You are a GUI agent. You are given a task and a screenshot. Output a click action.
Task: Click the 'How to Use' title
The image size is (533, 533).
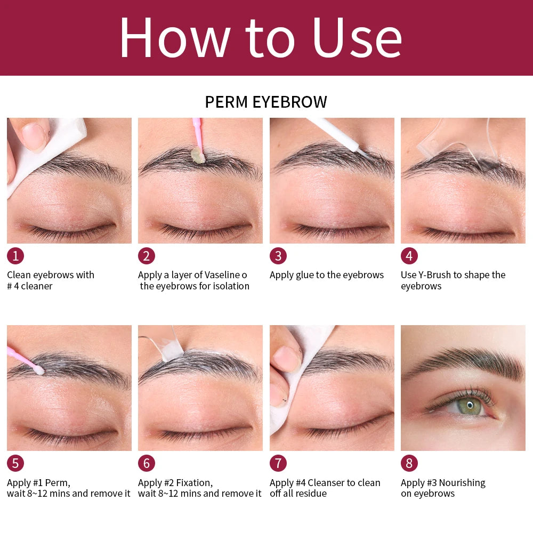(x=260, y=37)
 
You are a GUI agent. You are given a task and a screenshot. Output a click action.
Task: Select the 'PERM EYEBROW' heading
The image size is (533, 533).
(x=266, y=102)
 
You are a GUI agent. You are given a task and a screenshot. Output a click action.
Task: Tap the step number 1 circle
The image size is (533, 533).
(x=15, y=256)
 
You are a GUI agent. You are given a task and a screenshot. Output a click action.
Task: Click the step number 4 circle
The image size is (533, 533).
(x=409, y=256)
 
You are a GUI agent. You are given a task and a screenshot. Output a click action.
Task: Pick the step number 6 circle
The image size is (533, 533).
(x=147, y=463)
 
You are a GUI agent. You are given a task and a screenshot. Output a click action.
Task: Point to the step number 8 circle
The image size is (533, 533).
(x=409, y=463)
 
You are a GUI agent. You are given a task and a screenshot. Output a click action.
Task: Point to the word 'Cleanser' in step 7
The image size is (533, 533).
(x=332, y=483)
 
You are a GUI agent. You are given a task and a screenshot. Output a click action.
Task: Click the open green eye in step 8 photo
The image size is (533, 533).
(x=469, y=406)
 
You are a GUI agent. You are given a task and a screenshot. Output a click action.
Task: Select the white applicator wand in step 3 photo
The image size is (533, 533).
(x=336, y=133)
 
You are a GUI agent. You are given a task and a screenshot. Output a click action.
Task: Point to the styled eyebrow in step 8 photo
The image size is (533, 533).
(x=464, y=362)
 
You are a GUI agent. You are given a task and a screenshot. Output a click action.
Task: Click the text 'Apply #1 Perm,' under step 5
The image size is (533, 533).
(x=38, y=483)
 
